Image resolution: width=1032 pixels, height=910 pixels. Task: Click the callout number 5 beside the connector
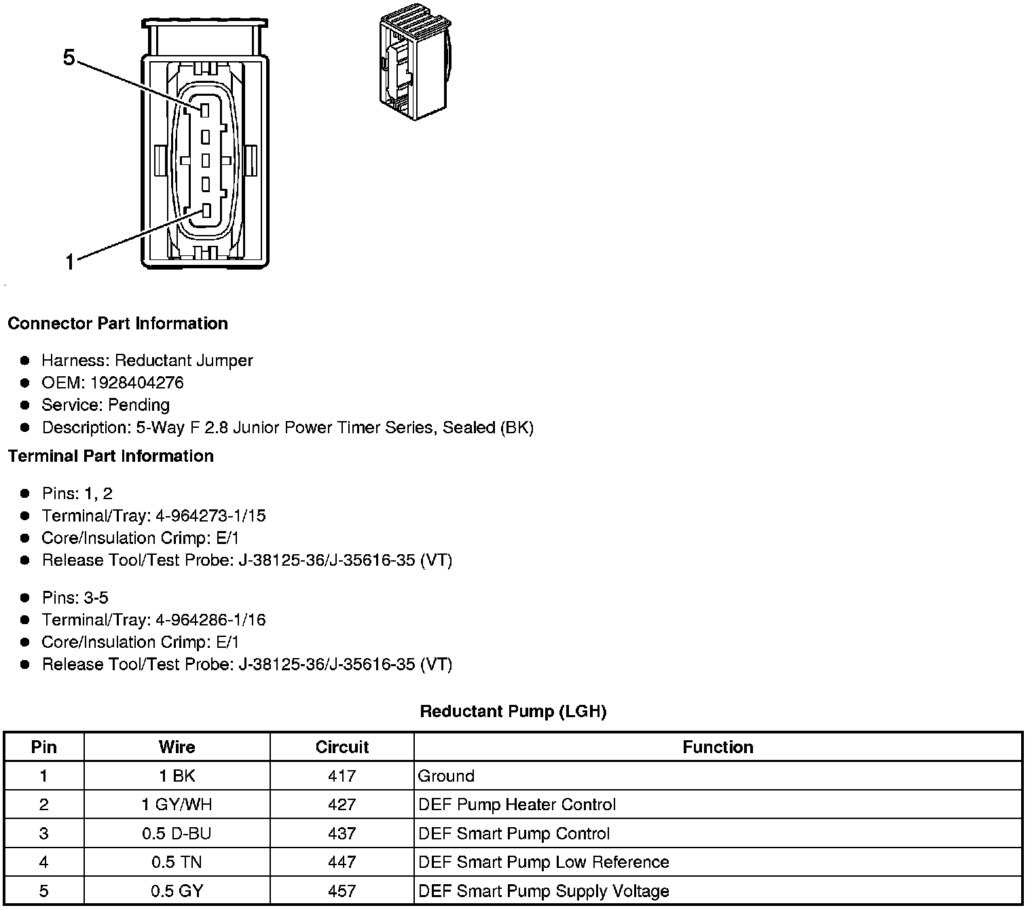69,58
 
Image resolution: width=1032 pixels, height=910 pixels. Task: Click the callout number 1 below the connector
69,261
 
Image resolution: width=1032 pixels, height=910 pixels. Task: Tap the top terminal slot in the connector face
205,109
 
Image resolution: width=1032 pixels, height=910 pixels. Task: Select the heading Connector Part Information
117,323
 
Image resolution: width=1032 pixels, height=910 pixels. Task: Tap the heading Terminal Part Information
111,456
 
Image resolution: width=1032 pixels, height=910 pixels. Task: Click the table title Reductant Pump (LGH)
513,711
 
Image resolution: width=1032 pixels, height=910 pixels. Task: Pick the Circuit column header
342,747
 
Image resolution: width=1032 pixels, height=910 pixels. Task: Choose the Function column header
718,747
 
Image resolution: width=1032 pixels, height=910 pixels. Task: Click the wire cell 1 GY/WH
177,805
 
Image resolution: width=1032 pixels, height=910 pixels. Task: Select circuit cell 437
342,833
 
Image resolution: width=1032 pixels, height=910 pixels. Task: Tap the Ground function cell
446,776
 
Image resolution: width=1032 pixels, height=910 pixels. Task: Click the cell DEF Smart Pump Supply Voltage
544,891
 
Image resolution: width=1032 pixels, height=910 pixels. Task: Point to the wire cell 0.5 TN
177,862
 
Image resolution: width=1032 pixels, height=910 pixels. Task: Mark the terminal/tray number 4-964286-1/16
210,619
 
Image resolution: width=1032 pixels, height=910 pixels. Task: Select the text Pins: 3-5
75,598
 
